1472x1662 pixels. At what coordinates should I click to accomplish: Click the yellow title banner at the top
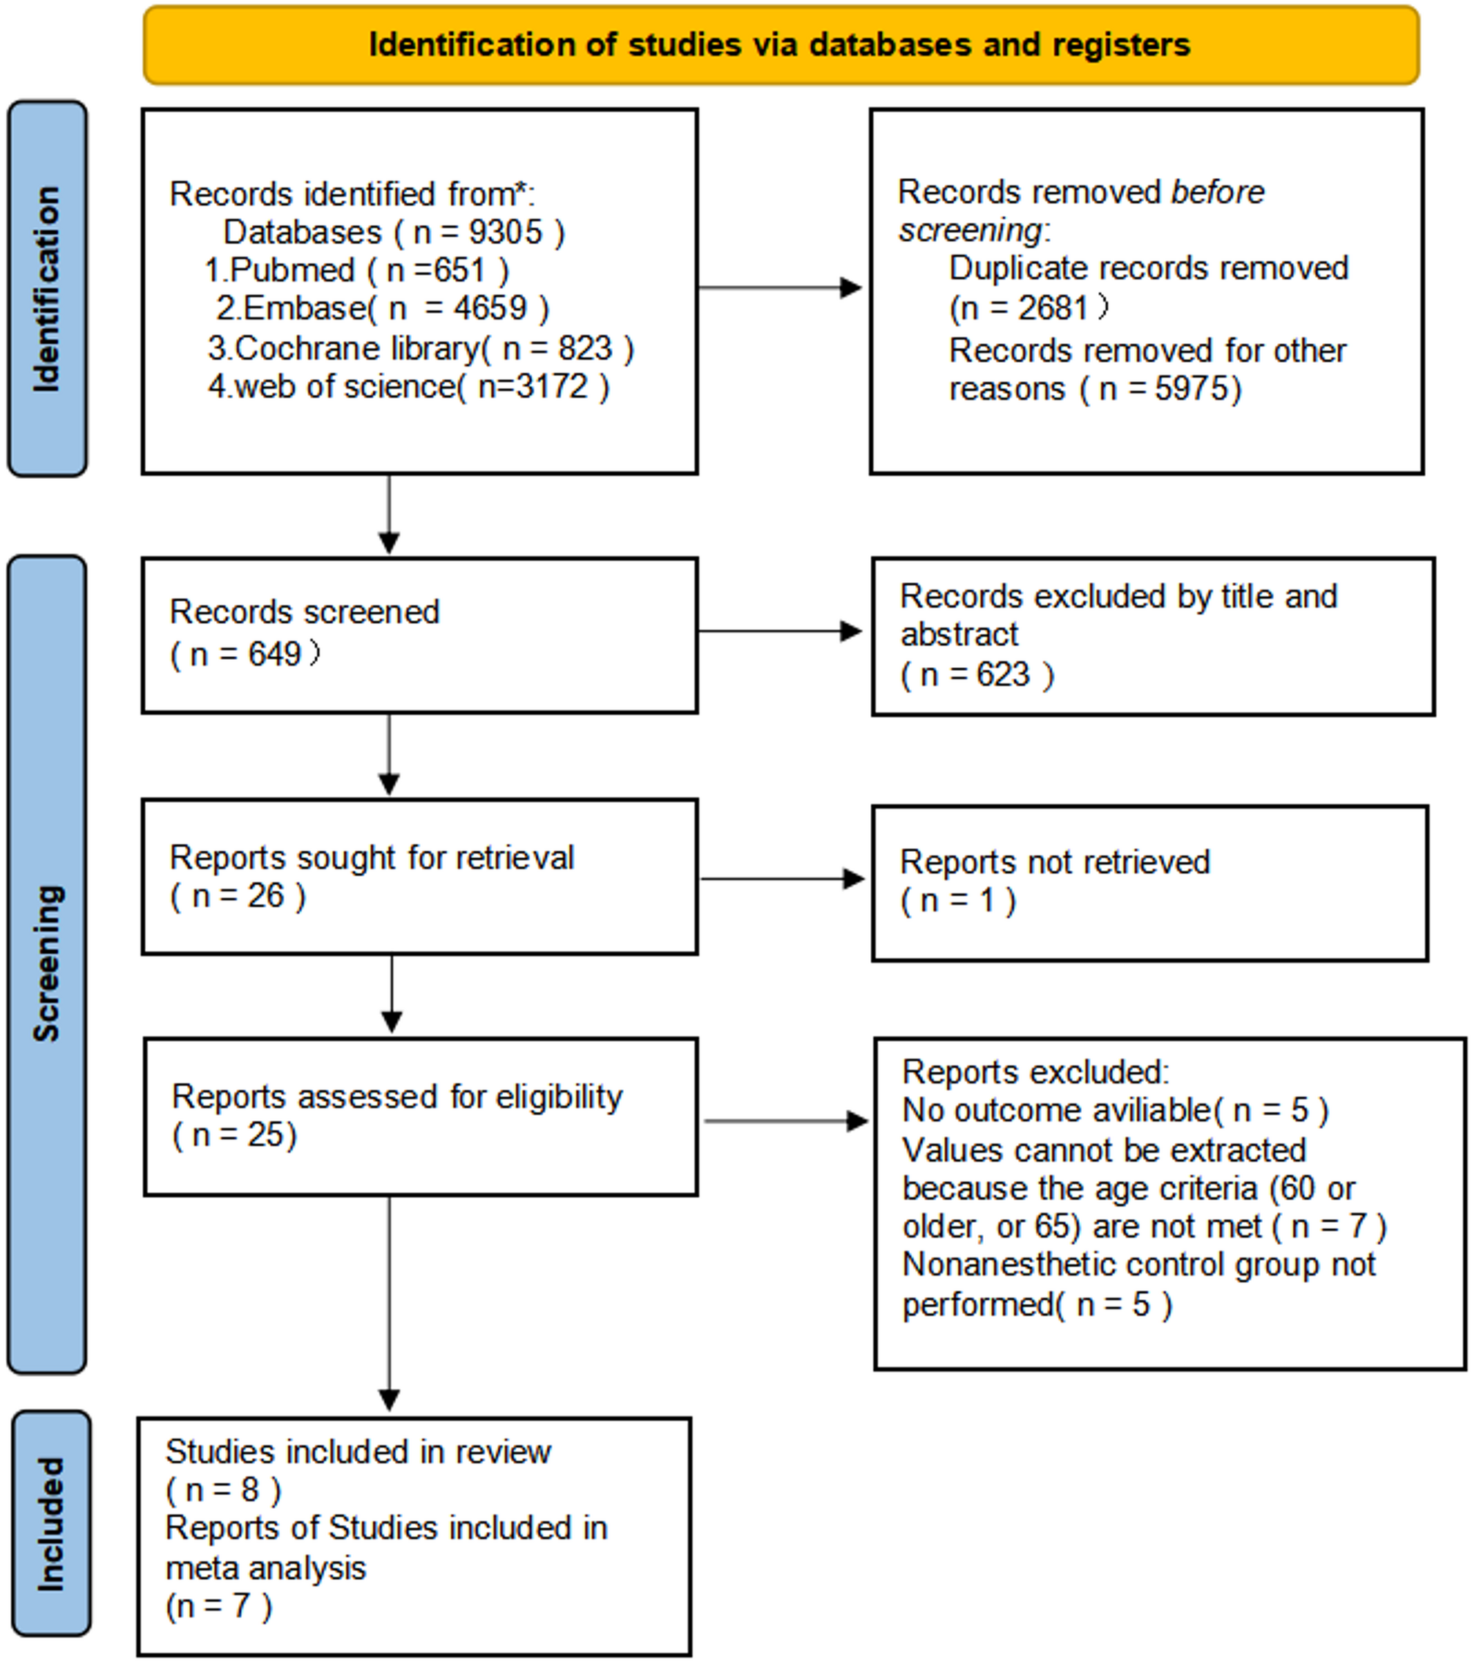pos(781,45)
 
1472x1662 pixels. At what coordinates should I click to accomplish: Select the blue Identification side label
pos(47,289)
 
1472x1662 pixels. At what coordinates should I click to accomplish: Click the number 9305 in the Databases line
pos(505,232)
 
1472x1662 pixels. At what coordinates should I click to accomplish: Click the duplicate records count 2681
pos(1053,308)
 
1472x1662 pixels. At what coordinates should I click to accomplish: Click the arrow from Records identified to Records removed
pos(780,287)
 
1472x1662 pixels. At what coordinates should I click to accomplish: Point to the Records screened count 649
pos(274,655)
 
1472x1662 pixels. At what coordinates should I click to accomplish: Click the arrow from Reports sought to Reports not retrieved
pos(782,878)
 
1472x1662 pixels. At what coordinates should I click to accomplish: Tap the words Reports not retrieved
pos(1055,863)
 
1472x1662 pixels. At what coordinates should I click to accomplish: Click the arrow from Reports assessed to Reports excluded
pos(786,1121)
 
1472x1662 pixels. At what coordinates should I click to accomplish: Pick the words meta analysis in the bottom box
pos(266,1567)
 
